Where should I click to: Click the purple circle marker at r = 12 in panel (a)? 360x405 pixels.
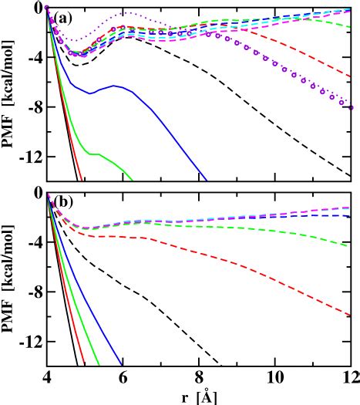click(351, 107)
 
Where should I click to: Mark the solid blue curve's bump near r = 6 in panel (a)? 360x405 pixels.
click(113, 86)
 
